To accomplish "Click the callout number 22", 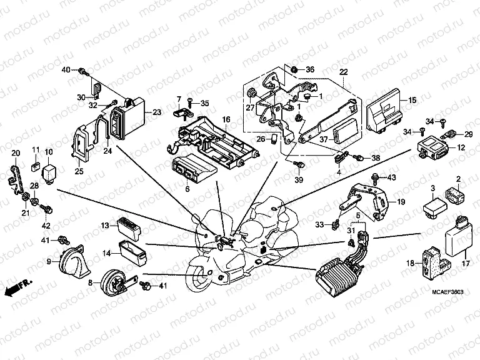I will coord(342,72).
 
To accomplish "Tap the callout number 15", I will coord(412,100).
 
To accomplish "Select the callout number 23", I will coord(156,112).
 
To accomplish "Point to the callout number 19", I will coord(401,202).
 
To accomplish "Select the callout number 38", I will coord(376,158).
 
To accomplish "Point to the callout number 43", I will coord(392,178).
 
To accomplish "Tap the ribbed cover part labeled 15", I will coord(384,112).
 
